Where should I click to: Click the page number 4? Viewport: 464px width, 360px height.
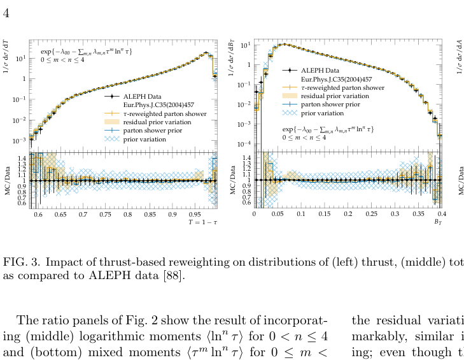pos(6,13)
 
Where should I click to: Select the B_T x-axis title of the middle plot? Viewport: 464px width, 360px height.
pos(438,222)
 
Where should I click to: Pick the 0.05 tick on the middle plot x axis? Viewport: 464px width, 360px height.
pos(278,215)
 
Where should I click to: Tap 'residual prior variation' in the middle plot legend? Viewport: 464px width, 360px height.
pos(336,95)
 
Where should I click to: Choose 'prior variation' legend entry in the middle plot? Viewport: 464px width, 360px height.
pos(323,112)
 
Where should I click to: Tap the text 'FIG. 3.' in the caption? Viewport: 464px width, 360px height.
pos(22,263)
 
